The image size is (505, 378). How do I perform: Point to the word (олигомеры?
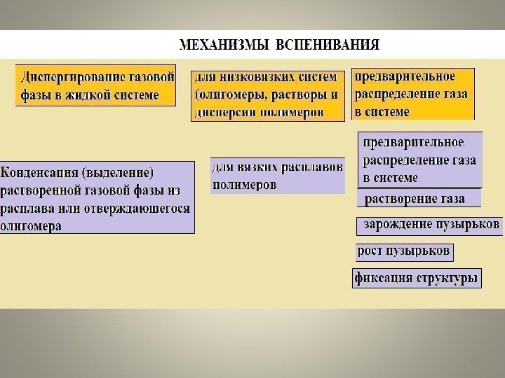pos(229,94)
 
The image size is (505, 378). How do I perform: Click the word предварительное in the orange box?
pos(405,76)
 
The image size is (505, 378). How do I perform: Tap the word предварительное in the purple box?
pos(412,143)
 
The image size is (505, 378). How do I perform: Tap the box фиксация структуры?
pos(417,278)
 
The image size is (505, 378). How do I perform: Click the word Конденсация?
pos(41,172)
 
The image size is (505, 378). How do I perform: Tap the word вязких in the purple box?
pos(257,168)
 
